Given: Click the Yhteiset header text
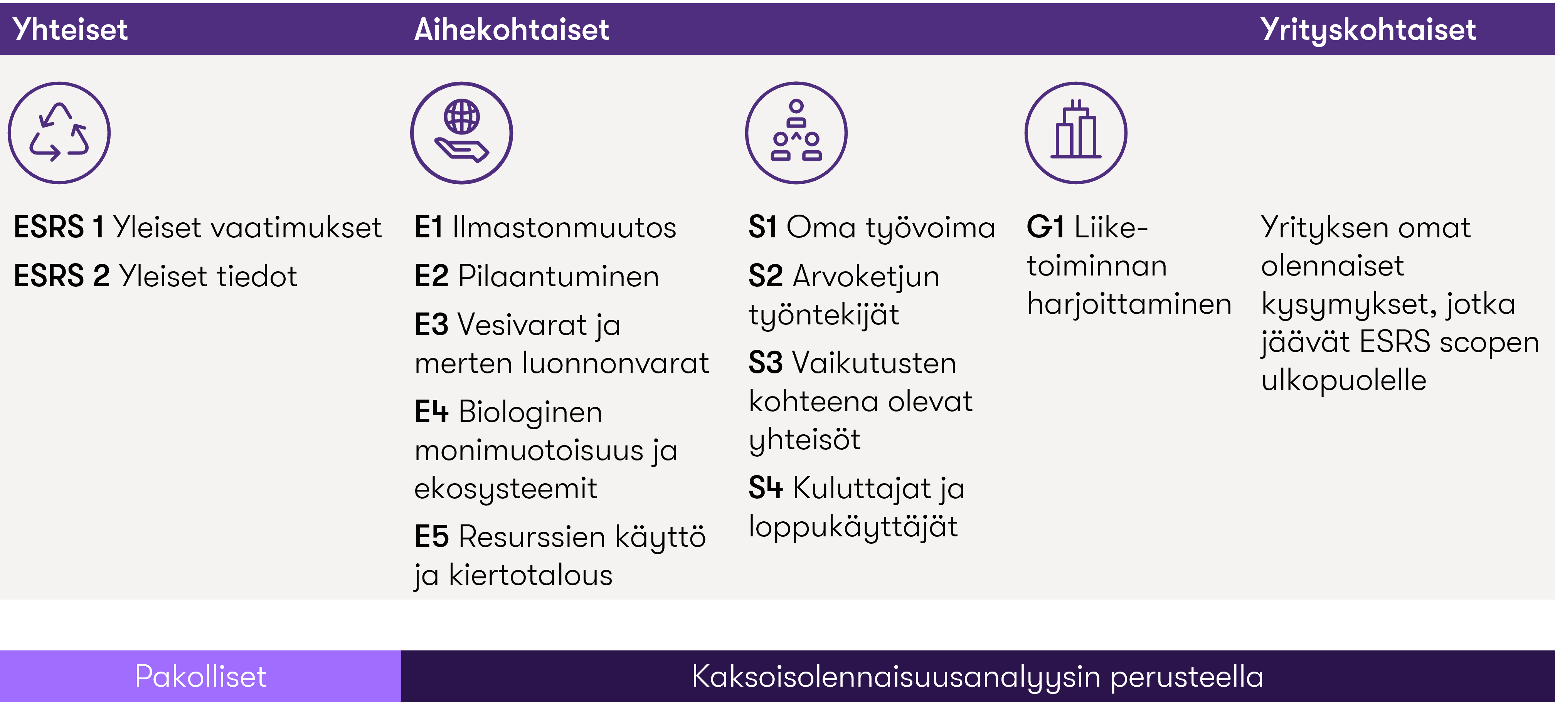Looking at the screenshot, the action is click(70, 29).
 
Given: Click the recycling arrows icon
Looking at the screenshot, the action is click(59, 133).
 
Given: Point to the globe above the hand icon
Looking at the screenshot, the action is click(462, 116).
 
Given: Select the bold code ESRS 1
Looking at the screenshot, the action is click(59, 227).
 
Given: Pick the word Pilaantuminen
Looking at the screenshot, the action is click(559, 276).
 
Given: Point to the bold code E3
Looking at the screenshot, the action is click(432, 325).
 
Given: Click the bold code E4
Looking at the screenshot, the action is click(432, 412).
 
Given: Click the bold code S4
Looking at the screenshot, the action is click(766, 488).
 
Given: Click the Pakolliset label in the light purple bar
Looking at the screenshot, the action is click(200, 676).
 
